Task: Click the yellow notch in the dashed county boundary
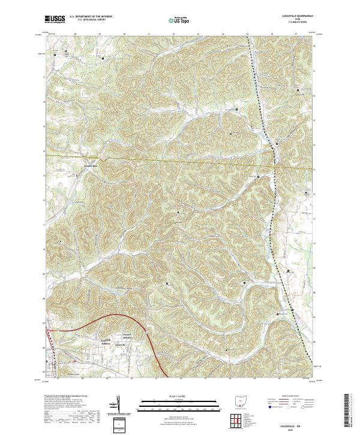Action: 103,160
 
